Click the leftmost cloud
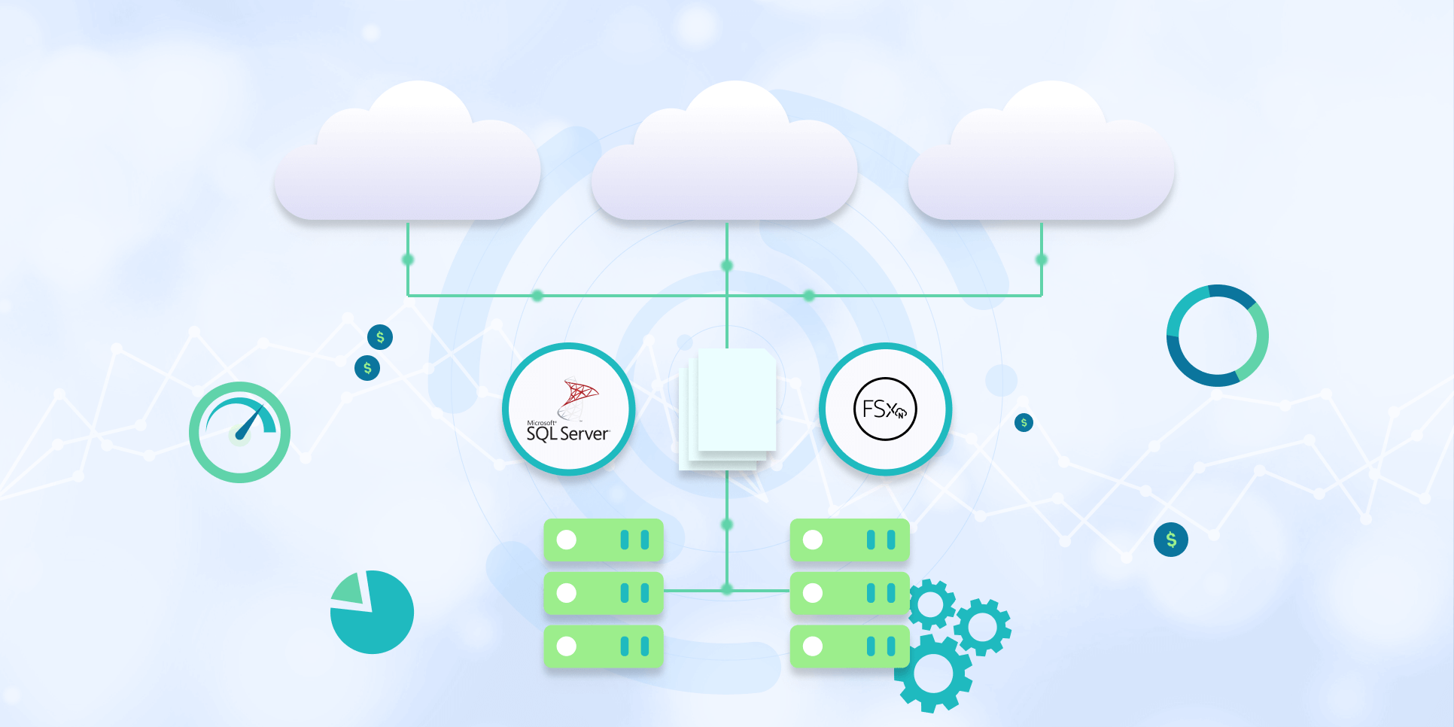click(407, 162)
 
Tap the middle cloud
click(724, 162)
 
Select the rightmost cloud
click(1042, 162)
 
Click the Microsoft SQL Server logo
click(568, 410)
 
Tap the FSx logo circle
click(885, 409)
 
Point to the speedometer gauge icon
click(239, 432)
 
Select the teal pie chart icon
click(373, 612)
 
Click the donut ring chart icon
click(1217, 336)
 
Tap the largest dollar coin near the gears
click(1171, 540)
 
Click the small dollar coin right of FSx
click(1024, 422)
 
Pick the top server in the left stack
click(604, 540)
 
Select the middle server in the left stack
click(604, 593)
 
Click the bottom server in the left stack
click(604, 646)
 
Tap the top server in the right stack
click(850, 540)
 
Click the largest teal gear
click(933, 673)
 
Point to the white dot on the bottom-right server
click(813, 646)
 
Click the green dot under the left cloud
click(408, 260)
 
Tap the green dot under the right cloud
click(1042, 260)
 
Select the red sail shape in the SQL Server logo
click(580, 393)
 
